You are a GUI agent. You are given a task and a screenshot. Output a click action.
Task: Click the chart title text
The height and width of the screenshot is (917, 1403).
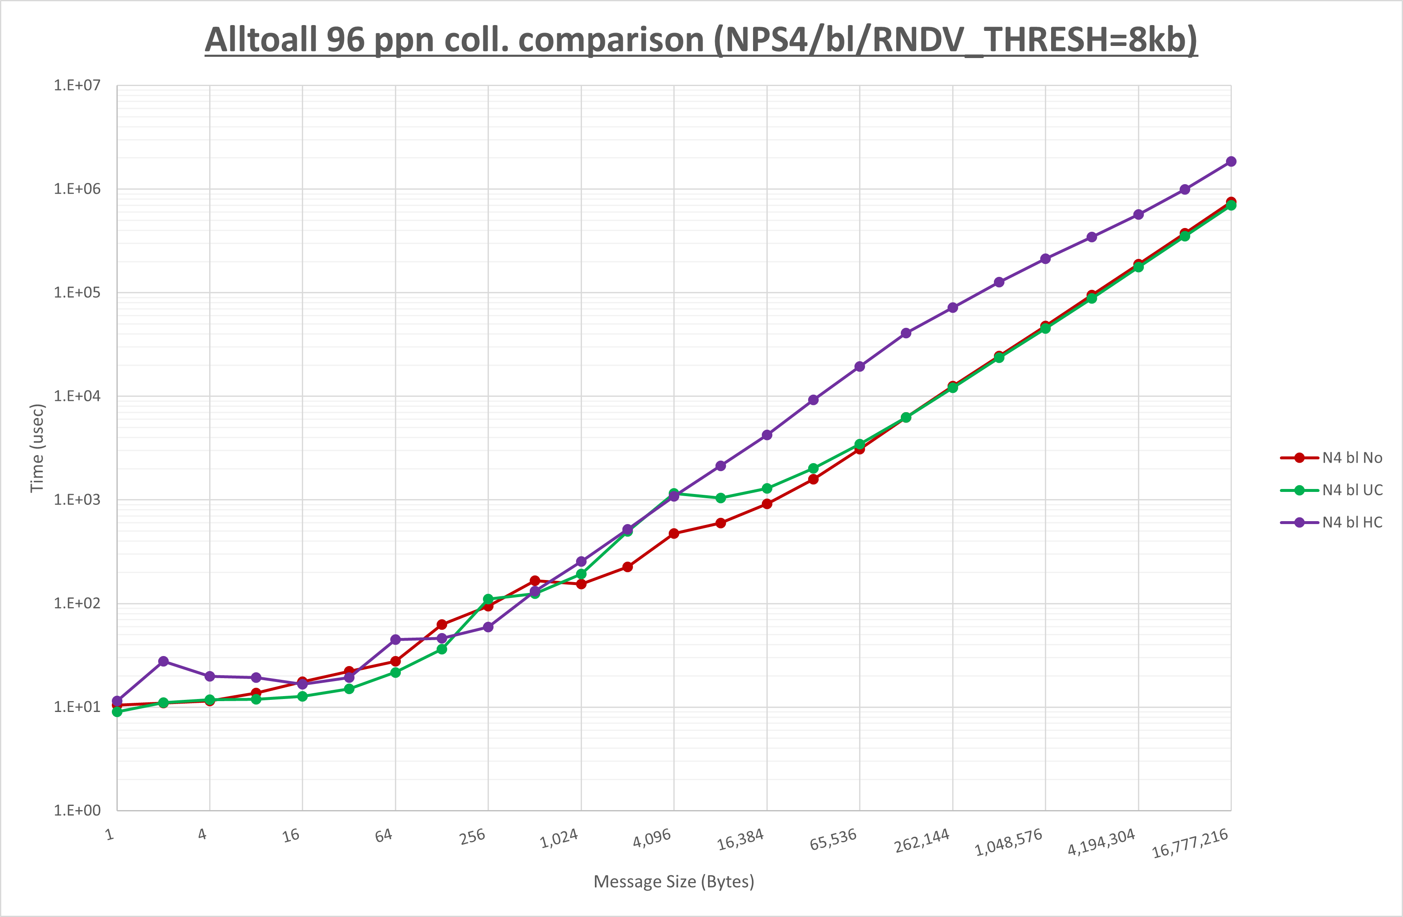[x=701, y=40]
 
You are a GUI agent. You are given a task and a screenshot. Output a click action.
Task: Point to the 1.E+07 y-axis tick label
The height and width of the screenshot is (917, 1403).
[x=77, y=86]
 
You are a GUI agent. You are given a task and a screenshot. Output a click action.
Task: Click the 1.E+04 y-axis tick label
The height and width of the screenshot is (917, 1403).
[x=77, y=396]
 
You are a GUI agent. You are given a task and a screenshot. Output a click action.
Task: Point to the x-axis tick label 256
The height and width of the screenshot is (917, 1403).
[x=472, y=836]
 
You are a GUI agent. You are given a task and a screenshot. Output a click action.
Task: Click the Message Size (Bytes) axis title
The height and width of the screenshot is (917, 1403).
[x=673, y=882]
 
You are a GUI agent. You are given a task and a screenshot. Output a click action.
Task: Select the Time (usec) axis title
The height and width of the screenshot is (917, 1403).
[x=37, y=448]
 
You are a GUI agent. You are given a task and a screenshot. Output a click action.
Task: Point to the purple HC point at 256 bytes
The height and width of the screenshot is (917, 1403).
[x=488, y=627]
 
